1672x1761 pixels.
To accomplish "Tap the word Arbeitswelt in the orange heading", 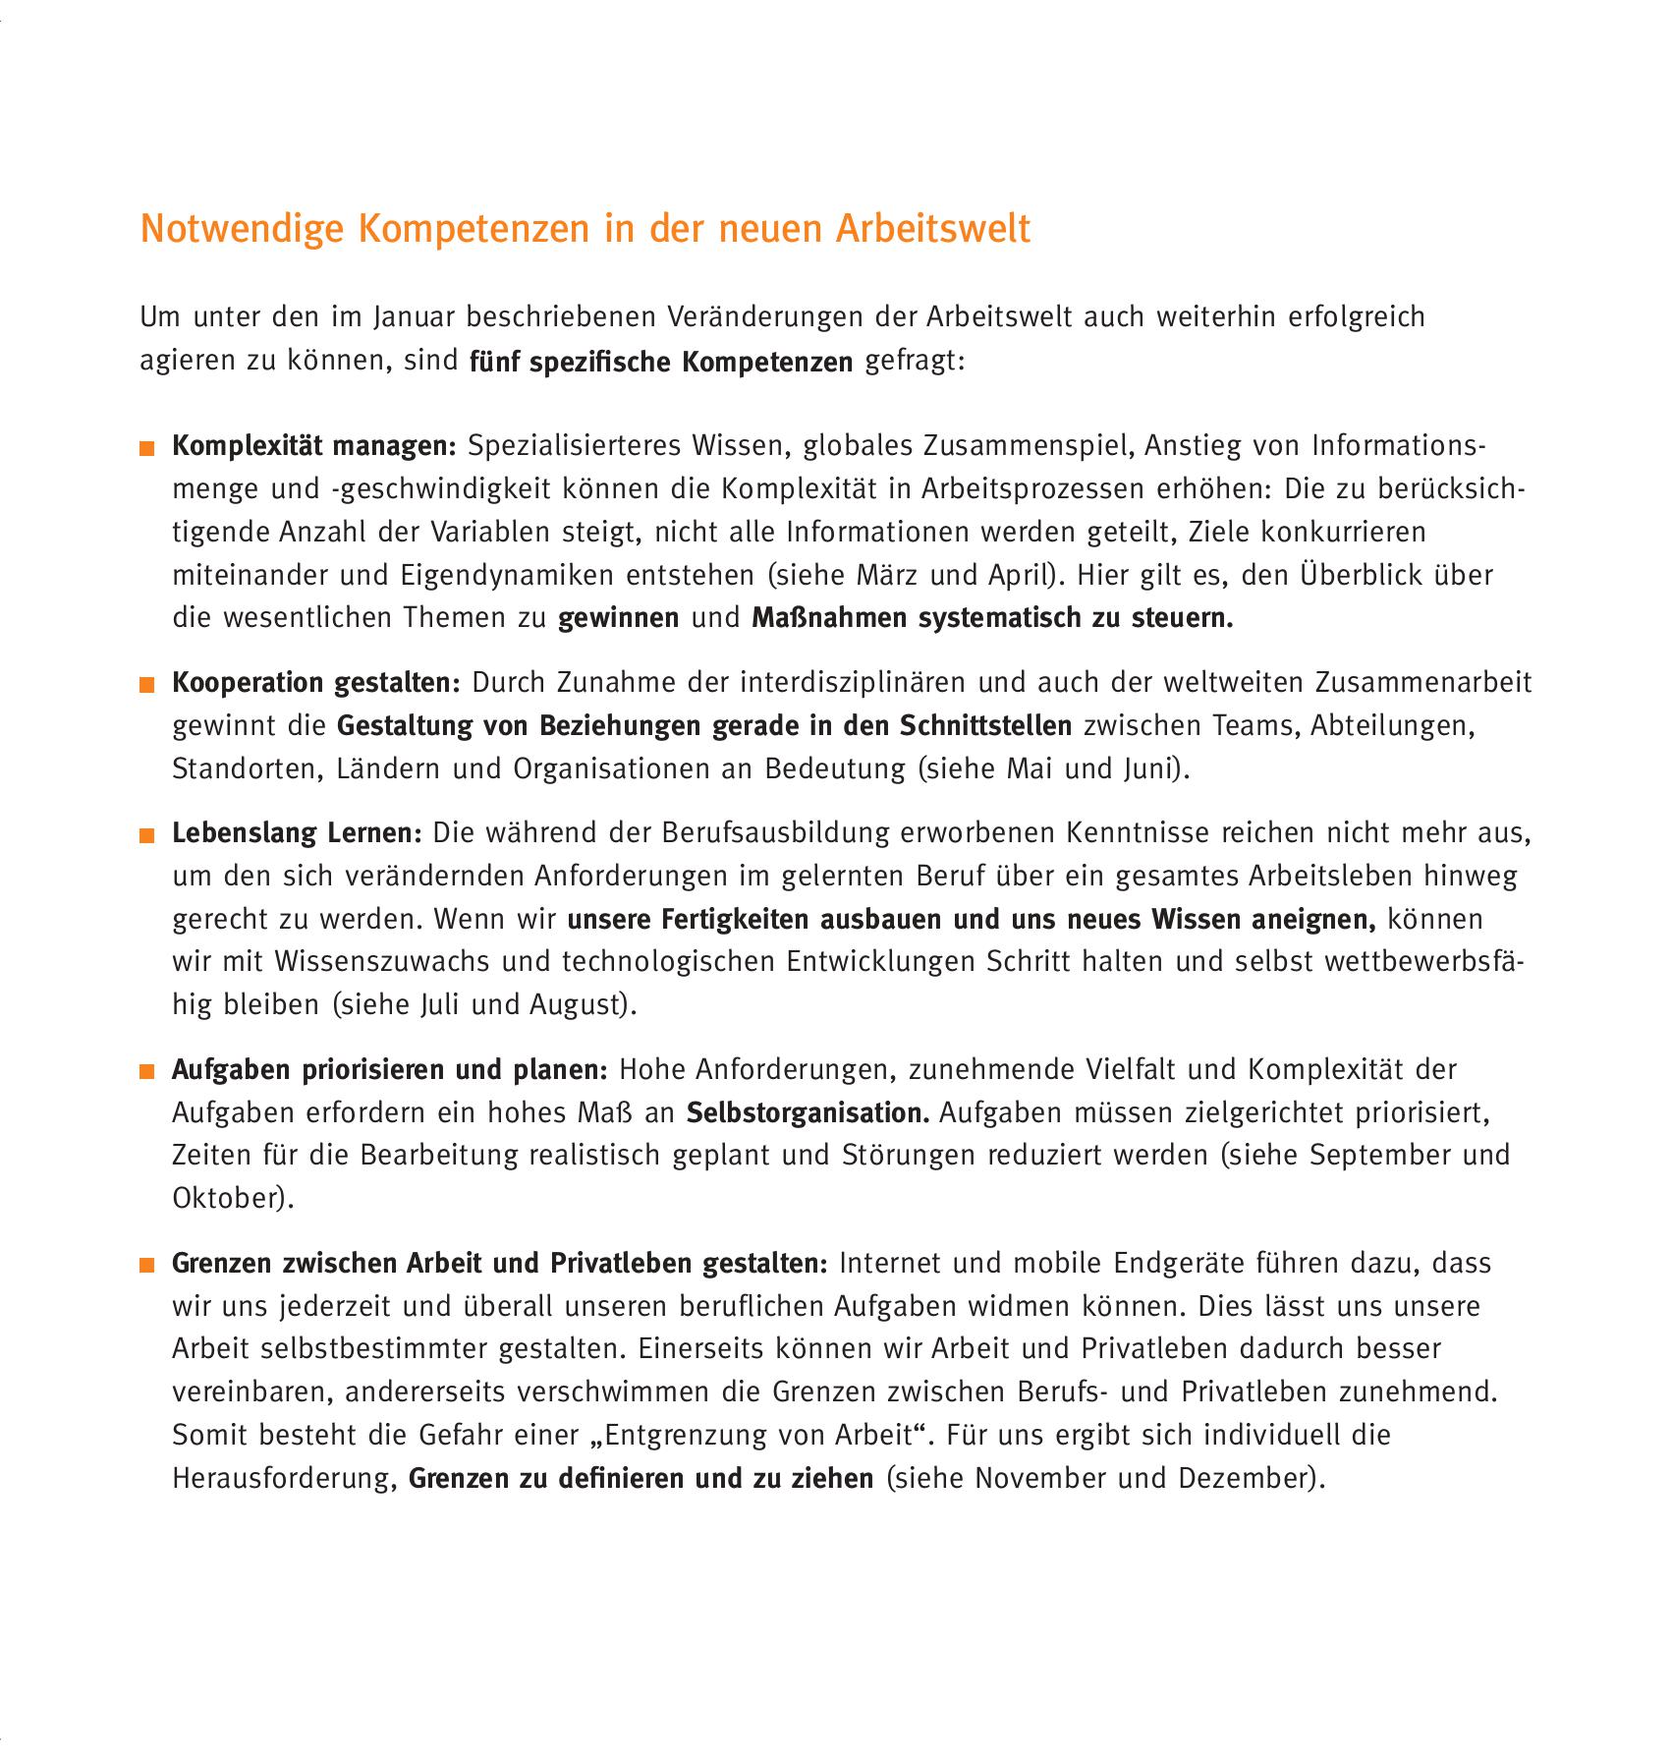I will coord(932,228).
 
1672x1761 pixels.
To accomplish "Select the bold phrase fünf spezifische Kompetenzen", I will coord(661,362).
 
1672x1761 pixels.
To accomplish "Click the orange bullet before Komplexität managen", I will coord(147,449).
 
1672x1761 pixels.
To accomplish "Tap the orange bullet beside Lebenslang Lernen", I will coord(147,836).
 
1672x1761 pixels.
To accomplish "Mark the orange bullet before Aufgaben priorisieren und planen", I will coord(147,1072).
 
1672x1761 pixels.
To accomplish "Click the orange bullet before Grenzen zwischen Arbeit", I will coord(147,1266).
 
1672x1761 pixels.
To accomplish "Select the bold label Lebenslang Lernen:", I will coord(297,833).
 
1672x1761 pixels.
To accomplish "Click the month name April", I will coord(1021,575).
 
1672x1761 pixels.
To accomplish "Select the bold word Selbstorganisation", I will coord(808,1113).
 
